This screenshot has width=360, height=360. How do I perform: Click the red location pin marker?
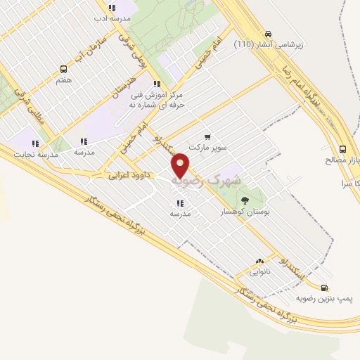[x=181, y=165]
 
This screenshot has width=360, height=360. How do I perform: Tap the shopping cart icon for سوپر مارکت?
[x=207, y=136]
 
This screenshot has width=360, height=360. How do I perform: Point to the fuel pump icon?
[x=324, y=287]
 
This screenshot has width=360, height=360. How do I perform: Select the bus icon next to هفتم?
[x=63, y=69]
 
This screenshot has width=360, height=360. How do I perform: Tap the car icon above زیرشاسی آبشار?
[x=268, y=33]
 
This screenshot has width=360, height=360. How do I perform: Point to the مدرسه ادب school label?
[x=111, y=18]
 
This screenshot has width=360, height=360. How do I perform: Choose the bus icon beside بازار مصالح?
[x=343, y=149]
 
